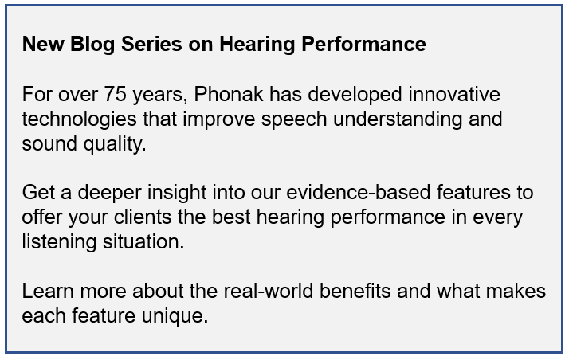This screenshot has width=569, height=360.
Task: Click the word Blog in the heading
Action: (x=92, y=45)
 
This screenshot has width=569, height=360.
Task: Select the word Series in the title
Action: (x=151, y=45)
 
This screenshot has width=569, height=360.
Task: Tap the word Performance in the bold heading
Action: (x=363, y=45)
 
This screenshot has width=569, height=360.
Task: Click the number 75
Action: (x=115, y=94)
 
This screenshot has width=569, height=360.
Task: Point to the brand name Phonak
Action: (x=228, y=94)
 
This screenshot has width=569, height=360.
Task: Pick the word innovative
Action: (x=454, y=94)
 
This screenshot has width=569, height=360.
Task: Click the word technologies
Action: (x=79, y=119)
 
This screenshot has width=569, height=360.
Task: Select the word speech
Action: (x=294, y=119)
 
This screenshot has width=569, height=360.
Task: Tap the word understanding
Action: (x=398, y=119)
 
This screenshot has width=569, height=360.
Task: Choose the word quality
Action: (x=115, y=144)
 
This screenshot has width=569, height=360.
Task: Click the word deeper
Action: (x=109, y=193)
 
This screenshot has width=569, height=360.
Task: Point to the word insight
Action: (x=177, y=193)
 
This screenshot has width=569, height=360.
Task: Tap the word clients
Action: (x=142, y=217)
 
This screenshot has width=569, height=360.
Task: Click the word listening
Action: (x=59, y=242)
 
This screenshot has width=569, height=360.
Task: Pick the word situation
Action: (x=143, y=241)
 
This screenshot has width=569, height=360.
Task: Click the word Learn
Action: (x=48, y=292)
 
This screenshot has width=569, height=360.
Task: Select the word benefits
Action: (x=355, y=292)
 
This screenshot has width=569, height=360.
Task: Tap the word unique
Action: (x=175, y=316)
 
